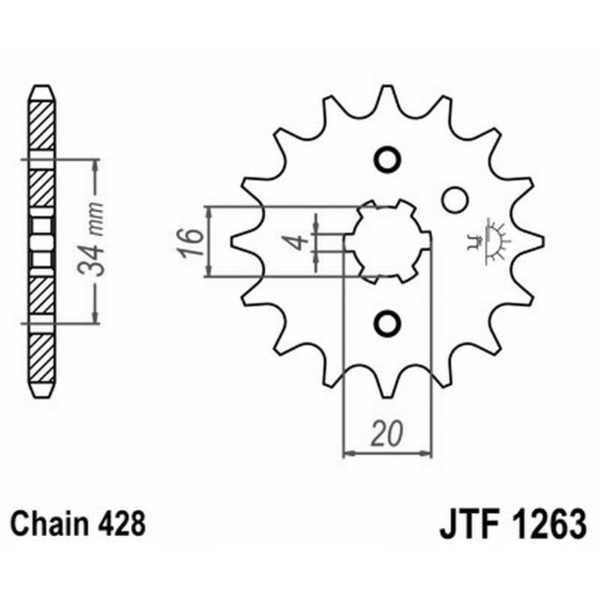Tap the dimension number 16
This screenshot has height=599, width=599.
coord(192,241)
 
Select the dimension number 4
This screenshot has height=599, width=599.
coord(297,242)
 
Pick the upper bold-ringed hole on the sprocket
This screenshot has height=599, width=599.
coord(388,159)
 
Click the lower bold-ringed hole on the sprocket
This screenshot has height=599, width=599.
coord(388,323)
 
